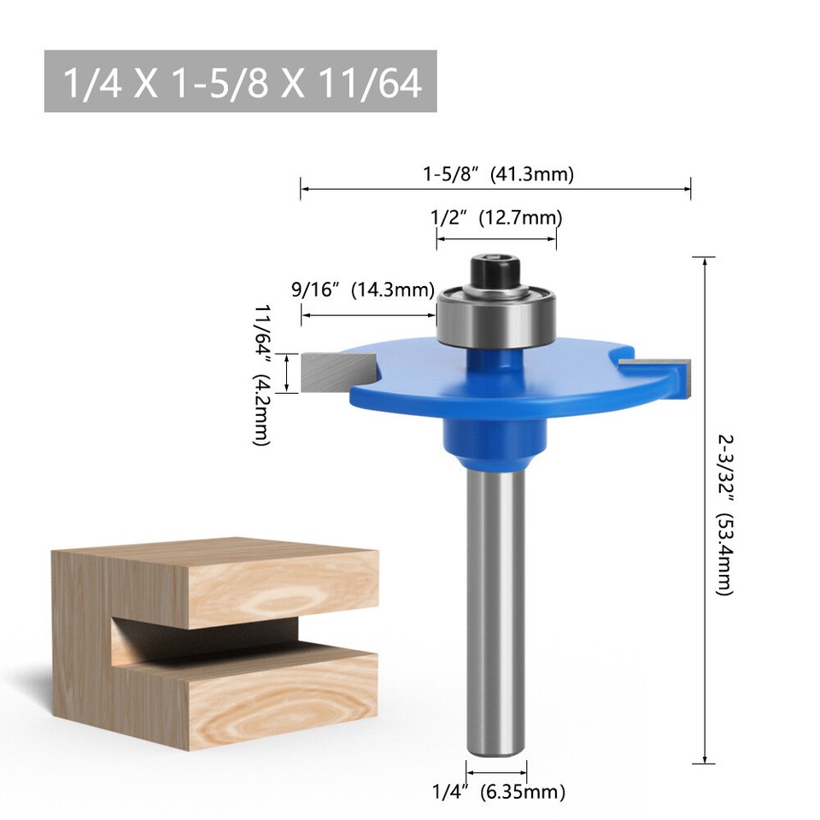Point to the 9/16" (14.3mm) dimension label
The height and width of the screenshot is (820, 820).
tap(363, 289)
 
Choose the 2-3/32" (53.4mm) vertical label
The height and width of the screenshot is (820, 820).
tap(724, 512)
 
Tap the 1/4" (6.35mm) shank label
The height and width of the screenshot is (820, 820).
tap(498, 792)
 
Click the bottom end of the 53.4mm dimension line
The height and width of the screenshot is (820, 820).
tap(704, 763)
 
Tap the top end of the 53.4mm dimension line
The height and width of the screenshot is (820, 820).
tap(704, 257)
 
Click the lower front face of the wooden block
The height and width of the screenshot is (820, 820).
tap(282, 696)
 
